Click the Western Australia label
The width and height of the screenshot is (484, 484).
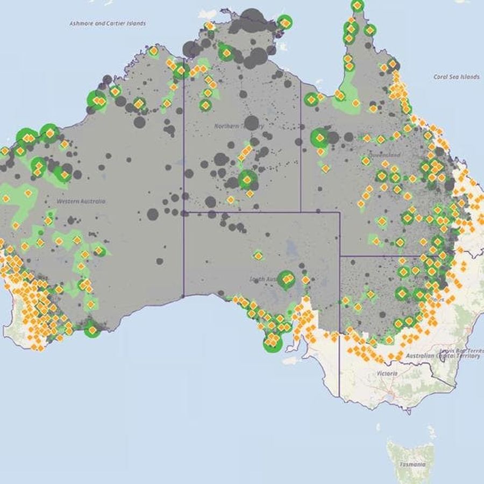81,201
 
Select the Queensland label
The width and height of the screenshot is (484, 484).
384,155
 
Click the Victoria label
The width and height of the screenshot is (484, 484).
387,373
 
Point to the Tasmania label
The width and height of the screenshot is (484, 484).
412,464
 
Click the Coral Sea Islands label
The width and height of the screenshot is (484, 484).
456,77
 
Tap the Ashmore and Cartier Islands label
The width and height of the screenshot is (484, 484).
108,24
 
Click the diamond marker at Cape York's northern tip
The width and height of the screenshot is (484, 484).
357,5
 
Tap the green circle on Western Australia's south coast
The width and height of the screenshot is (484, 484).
92,329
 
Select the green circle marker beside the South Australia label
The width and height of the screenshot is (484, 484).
287,279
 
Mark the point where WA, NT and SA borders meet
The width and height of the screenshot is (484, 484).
184,211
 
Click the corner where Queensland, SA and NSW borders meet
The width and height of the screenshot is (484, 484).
340,255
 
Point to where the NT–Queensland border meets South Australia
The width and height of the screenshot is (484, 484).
301,211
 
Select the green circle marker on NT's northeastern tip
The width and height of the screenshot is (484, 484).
284,23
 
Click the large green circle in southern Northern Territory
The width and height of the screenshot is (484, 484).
247,180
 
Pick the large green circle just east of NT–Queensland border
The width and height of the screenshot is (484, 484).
320,138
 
